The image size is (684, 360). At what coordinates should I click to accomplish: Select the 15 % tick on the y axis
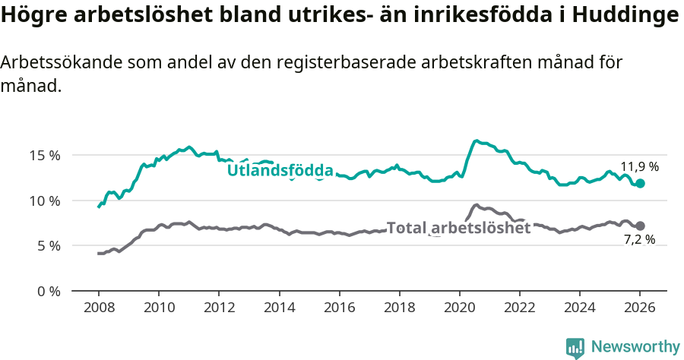tap(44, 155)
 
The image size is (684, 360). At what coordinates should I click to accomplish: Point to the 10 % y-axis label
tap(44, 201)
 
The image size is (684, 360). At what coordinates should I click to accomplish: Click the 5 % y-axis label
tap(48, 245)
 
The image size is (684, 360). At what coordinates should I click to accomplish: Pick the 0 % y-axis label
tap(48, 291)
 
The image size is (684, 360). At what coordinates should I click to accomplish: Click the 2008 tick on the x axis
tap(99, 308)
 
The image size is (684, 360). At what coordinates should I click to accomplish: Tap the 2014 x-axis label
tap(279, 308)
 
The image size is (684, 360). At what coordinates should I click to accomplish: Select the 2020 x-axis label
tap(459, 308)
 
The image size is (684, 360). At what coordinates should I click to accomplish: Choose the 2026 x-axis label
tap(640, 308)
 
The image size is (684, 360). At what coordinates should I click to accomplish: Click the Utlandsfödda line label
tap(280, 170)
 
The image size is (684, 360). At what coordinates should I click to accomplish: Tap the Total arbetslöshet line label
tap(458, 227)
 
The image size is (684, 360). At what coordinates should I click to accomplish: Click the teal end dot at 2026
tap(640, 183)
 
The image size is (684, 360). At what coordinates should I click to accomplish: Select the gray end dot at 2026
tap(640, 226)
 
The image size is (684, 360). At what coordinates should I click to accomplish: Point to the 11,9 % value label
tap(639, 166)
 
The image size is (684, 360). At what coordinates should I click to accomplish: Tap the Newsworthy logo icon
tap(575, 347)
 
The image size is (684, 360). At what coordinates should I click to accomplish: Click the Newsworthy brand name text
tap(635, 347)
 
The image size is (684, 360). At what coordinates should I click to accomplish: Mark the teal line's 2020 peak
tap(476, 141)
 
